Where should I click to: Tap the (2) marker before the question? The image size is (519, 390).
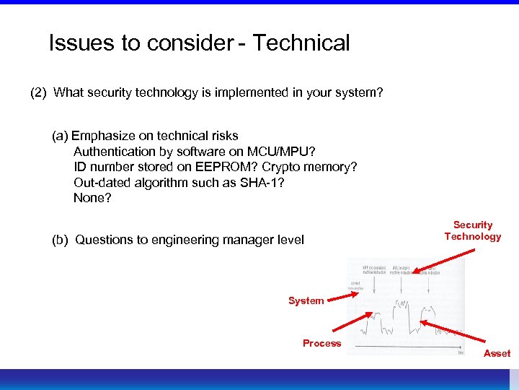tap(39, 92)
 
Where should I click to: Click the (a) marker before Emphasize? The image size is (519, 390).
tap(60, 135)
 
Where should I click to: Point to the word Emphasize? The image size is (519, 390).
tap(102, 135)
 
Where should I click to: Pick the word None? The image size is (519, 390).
tap(92, 198)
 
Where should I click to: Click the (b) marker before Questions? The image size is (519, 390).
tap(61, 240)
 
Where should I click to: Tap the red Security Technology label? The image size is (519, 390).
tap(473, 230)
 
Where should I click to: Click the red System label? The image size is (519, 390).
tap(306, 300)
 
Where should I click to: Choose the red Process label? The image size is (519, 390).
tap(321, 343)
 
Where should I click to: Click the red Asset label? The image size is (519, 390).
tap(497, 353)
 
